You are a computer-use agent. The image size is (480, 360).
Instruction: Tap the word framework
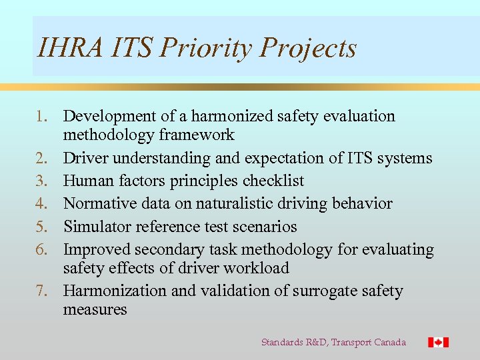pyautogui.click(x=197, y=135)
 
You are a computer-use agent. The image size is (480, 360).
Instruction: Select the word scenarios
pyautogui.click(x=265, y=227)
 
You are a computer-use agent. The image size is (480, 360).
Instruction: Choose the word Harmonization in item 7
pyautogui.click(x=115, y=291)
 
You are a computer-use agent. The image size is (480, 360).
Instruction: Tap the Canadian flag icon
pyautogui.click(x=438, y=342)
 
